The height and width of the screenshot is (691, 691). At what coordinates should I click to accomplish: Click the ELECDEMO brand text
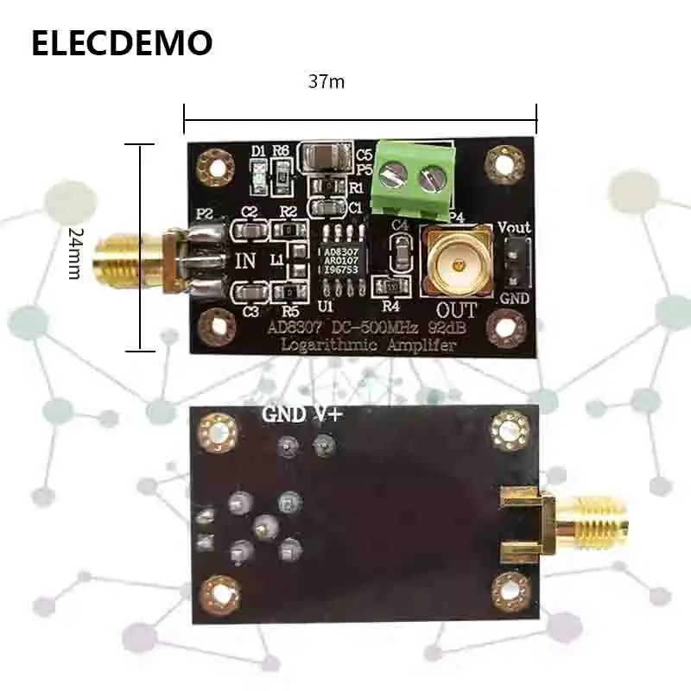121,42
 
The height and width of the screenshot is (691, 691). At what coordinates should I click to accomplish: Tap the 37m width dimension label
326,82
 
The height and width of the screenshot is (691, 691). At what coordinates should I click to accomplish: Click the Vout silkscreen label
514,228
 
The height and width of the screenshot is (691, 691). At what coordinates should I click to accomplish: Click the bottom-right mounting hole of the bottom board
510,592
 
